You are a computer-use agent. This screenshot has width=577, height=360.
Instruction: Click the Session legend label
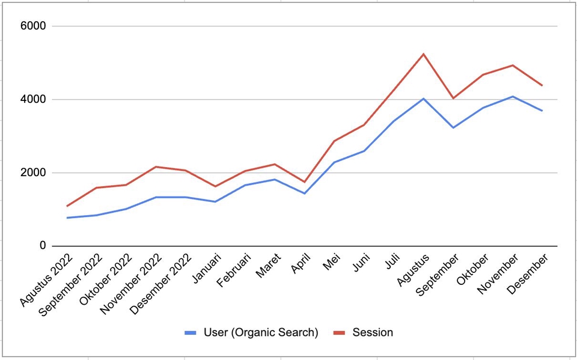[373, 332]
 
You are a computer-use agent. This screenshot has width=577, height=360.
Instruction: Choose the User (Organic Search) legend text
[261, 332]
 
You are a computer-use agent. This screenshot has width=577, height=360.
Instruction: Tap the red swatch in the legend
[340, 332]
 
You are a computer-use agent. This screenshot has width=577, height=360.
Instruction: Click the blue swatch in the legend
[191, 332]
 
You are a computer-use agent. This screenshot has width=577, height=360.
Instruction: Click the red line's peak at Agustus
[423, 54]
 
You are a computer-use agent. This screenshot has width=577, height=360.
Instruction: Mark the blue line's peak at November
[513, 97]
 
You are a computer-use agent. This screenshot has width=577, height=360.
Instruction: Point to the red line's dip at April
[305, 182]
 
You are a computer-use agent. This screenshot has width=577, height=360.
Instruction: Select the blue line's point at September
[453, 127]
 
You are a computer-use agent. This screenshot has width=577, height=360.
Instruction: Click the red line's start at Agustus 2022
[67, 206]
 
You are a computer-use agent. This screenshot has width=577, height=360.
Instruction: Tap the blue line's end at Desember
[542, 111]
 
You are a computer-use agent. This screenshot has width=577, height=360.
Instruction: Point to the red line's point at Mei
[334, 141]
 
